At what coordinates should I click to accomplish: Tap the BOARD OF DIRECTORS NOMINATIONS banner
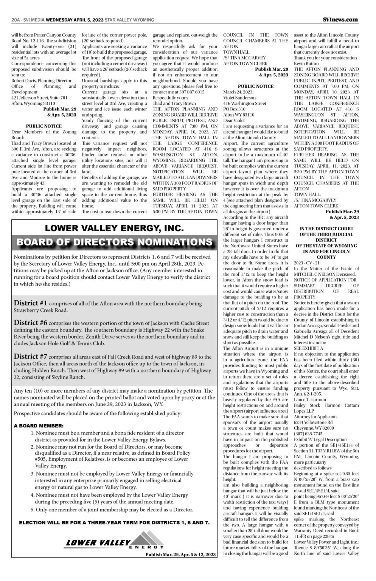pyautogui.click(x=114, y=242)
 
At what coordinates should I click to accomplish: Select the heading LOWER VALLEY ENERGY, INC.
pyautogui.click(x=114, y=228)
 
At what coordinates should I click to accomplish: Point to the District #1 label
pyautogui.click(x=30, y=303)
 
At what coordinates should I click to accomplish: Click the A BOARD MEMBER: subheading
pyautogui.click(x=39, y=426)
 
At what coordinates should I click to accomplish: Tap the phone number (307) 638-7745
pyautogui.click(x=308, y=433)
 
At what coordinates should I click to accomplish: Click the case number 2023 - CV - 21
pyautogui.click(x=306, y=263)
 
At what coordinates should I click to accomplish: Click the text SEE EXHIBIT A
pyautogui.click(x=309, y=348)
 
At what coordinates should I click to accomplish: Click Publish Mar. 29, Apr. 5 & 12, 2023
pyautogui.click(x=180, y=555)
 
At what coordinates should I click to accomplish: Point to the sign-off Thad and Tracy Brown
pyautogui.click(x=174, y=103)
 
